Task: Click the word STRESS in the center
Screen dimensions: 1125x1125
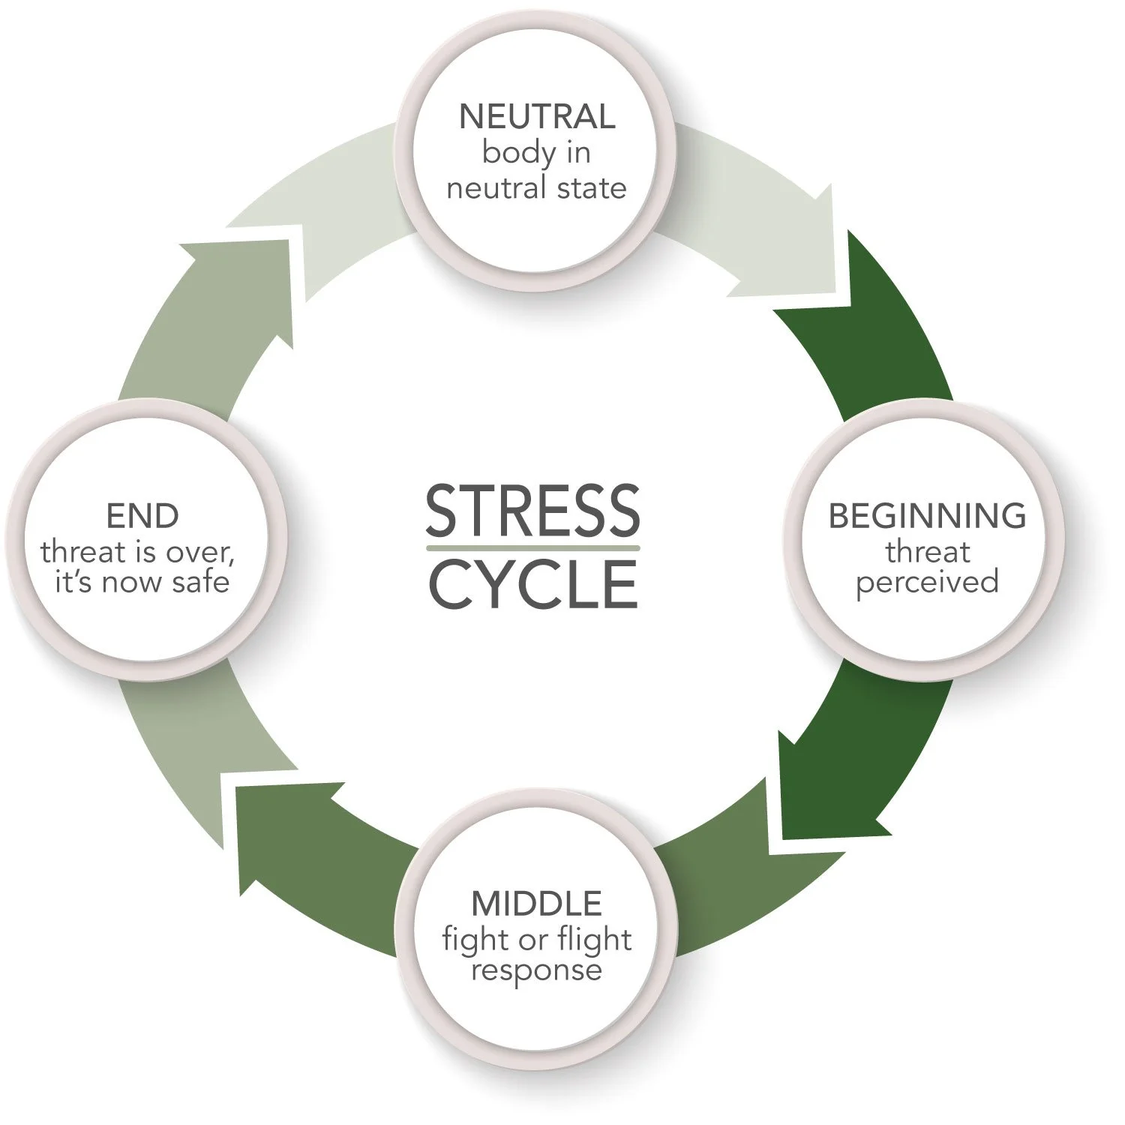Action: pyautogui.click(x=532, y=510)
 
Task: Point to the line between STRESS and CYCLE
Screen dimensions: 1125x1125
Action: pyautogui.click(x=532, y=548)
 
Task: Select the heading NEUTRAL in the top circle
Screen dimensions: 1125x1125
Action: pyautogui.click(x=537, y=117)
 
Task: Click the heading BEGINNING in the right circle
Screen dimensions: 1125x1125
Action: pyautogui.click(x=927, y=516)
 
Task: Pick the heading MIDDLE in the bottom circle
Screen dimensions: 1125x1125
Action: pyautogui.click(x=537, y=904)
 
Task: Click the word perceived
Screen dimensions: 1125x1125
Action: pyautogui.click(x=927, y=582)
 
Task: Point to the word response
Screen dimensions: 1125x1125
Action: pyautogui.click(x=537, y=971)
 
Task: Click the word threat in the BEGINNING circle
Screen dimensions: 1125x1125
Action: pyautogui.click(x=927, y=552)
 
